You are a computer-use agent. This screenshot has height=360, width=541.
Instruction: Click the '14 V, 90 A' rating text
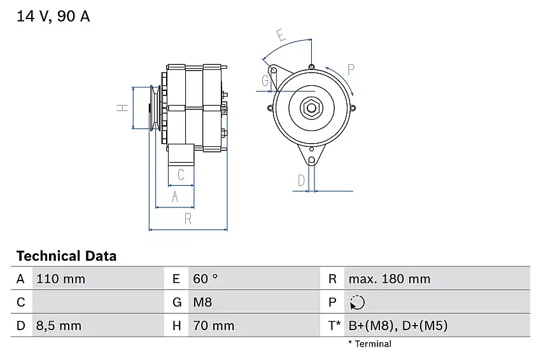(x=53, y=17)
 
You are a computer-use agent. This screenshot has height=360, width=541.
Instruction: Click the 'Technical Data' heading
(x=66, y=256)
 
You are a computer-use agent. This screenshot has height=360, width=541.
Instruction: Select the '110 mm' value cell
(x=60, y=279)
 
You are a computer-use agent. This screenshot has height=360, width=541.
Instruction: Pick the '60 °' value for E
(x=205, y=279)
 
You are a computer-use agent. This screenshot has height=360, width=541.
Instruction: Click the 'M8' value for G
(x=204, y=302)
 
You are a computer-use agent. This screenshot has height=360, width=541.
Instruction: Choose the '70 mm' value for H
(x=213, y=326)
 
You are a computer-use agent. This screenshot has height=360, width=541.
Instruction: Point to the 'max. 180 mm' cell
(x=388, y=279)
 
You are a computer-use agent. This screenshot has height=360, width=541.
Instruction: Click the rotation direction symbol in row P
(x=358, y=302)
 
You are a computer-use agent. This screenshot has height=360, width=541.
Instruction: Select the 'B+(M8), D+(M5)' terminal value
(x=398, y=326)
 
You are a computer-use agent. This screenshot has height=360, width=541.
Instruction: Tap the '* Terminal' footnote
(x=370, y=344)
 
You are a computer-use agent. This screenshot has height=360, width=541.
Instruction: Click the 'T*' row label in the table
(x=334, y=326)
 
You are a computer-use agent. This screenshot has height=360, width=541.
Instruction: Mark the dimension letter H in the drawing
(x=123, y=108)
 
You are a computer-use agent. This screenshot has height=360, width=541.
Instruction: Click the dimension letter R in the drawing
(x=188, y=219)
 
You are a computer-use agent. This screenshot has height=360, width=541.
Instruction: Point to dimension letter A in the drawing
(x=175, y=198)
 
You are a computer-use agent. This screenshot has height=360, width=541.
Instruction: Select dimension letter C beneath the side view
(x=181, y=175)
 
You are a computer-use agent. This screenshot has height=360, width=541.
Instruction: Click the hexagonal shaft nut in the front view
(x=311, y=107)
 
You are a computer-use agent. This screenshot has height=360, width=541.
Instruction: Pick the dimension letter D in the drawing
(x=301, y=181)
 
